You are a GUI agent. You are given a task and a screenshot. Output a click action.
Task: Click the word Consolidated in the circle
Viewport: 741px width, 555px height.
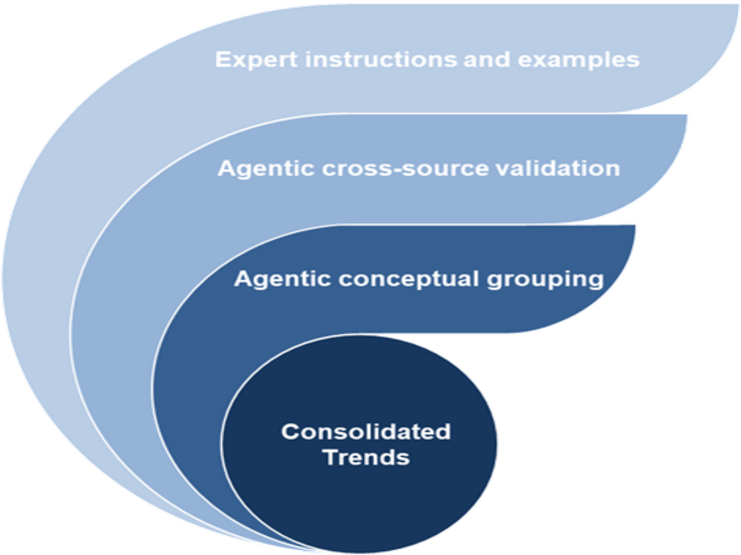click(366, 432)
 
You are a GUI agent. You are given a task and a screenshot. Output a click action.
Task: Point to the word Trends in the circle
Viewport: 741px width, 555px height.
click(366, 457)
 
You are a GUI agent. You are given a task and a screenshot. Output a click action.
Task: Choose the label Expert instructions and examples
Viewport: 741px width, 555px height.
click(427, 60)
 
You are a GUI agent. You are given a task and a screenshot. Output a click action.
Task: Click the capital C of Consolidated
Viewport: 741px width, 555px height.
click(289, 432)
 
